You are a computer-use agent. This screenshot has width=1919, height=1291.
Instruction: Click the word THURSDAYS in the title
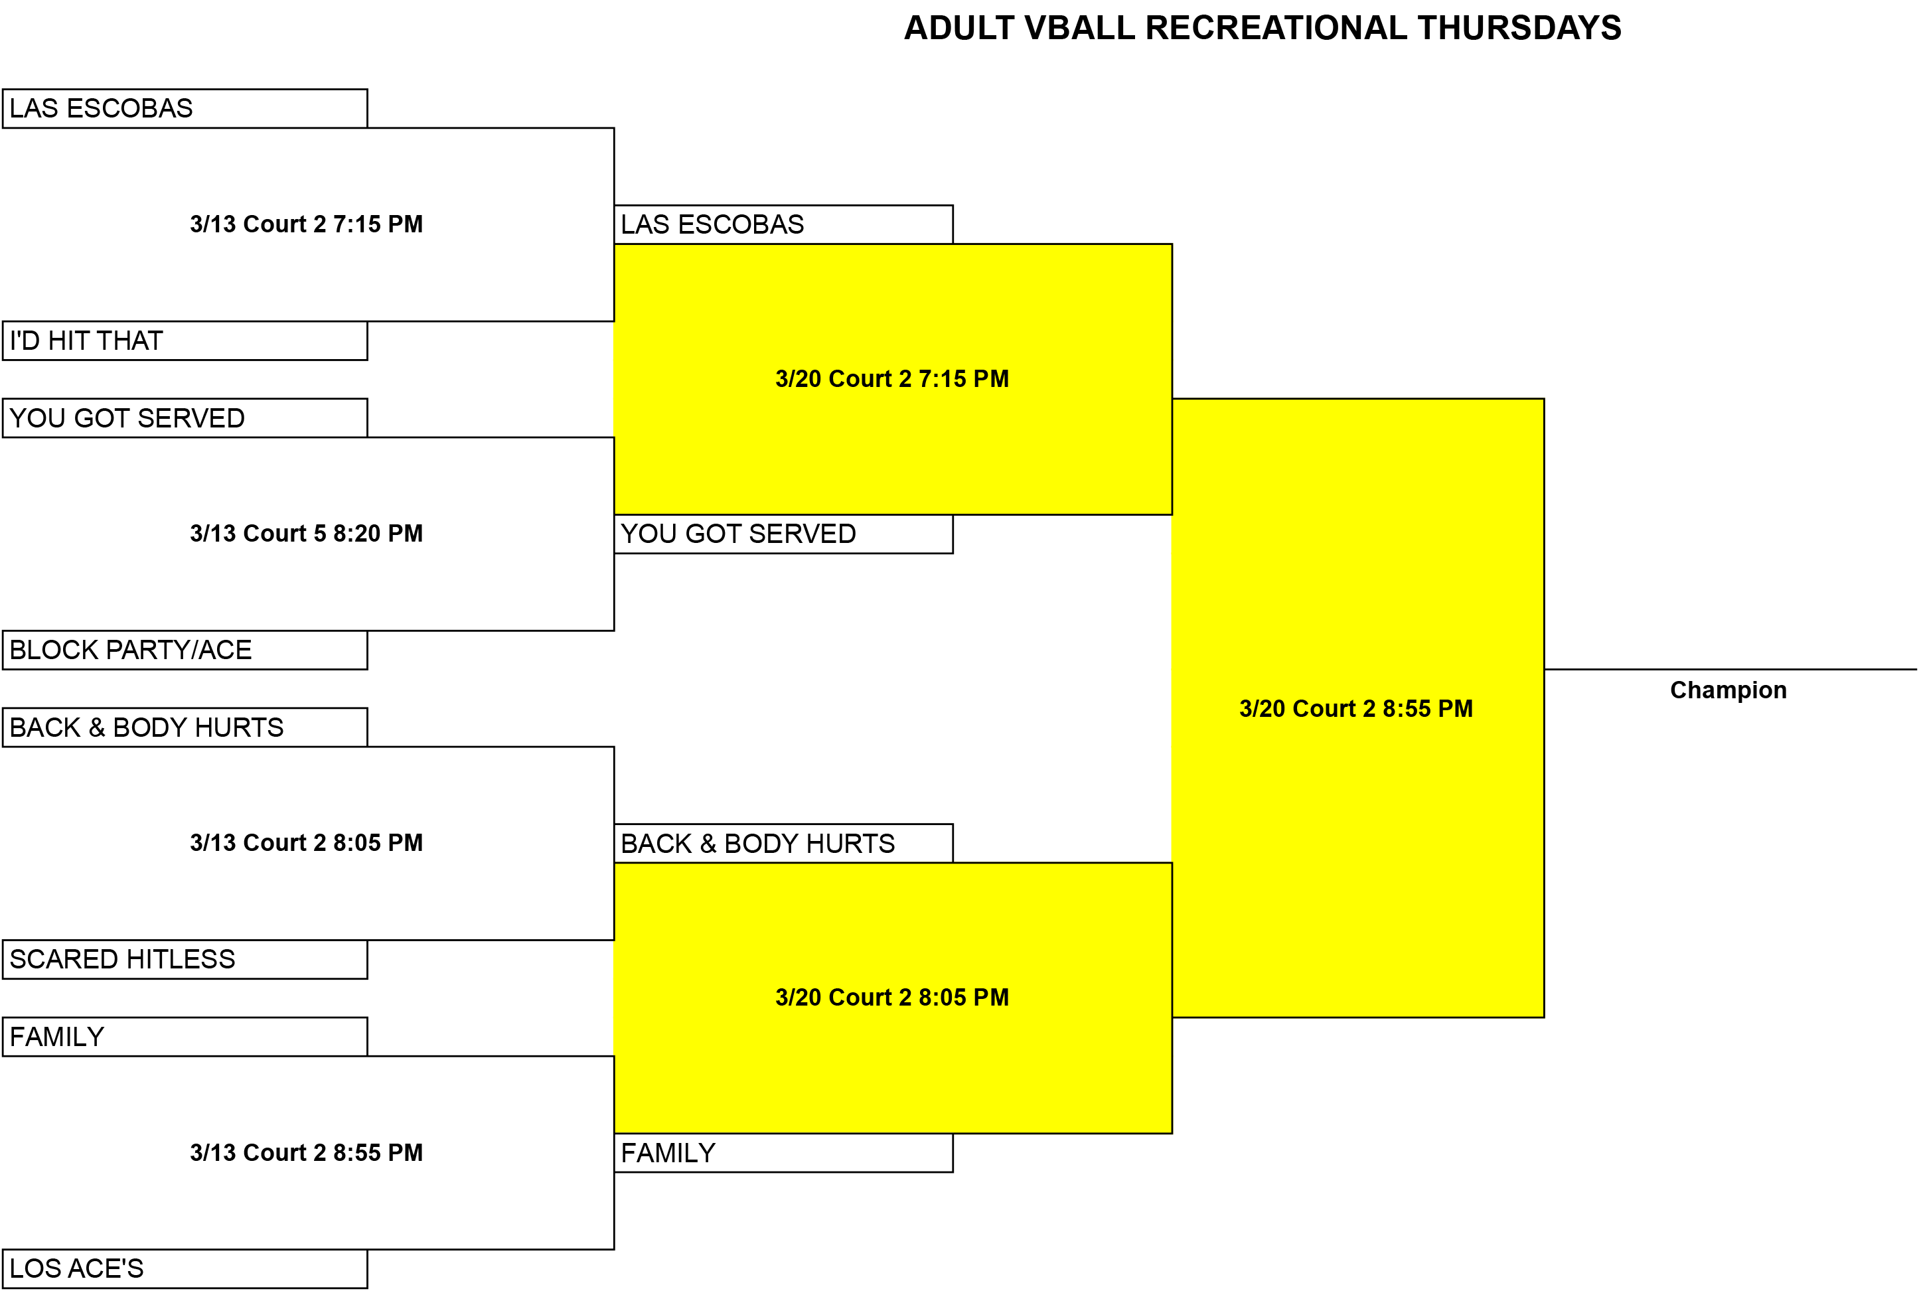click(x=1519, y=28)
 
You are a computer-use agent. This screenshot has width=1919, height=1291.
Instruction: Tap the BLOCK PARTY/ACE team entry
click(x=185, y=650)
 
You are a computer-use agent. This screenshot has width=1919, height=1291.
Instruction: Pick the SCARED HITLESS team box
click(x=185, y=959)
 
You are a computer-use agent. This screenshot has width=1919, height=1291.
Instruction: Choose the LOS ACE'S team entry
click(x=185, y=1269)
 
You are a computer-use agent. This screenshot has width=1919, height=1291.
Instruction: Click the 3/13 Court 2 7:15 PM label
click(x=306, y=224)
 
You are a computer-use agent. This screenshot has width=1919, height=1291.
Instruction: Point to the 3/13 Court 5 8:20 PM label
click(x=306, y=534)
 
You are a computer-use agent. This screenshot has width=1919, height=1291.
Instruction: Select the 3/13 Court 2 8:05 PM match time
click(x=306, y=843)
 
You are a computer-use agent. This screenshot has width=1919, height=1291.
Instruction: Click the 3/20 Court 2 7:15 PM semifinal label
click(x=892, y=379)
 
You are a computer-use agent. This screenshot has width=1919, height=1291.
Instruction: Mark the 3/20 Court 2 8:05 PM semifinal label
click(x=892, y=998)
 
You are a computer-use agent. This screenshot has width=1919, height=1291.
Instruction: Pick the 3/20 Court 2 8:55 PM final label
click(x=1357, y=709)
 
